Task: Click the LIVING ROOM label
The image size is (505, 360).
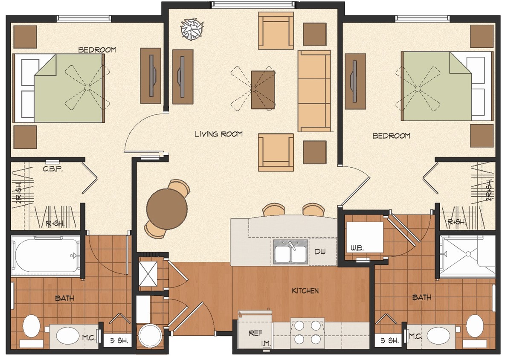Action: pyautogui.click(x=219, y=134)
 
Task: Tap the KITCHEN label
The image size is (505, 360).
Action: pyautogui.click(x=305, y=291)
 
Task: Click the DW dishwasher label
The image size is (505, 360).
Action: pyautogui.click(x=320, y=252)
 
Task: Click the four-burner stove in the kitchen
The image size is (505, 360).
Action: pyautogui.click(x=305, y=333)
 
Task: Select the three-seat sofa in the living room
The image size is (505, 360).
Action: pyautogui.click(x=314, y=90)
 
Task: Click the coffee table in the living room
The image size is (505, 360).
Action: pyautogui.click(x=264, y=90)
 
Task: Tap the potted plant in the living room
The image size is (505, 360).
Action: pyautogui.click(x=191, y=30)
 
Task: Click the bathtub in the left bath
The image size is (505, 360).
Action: pyautogui.click(x=46, y=255)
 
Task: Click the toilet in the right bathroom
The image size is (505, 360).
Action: pyautogui.click(x=474, y=328)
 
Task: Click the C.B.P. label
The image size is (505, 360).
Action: pyautogui.click(x=53, y=169)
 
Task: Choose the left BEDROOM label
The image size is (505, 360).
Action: pyautogui.click(x=97, y=50)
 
